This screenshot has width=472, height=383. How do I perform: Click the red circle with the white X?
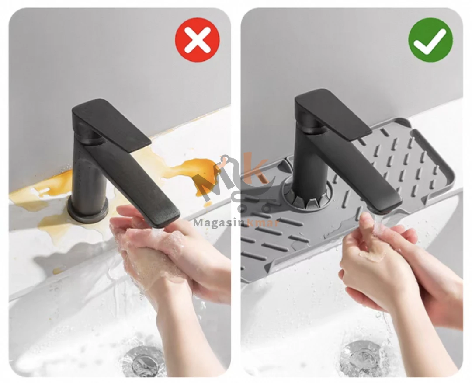(x=197, y=40)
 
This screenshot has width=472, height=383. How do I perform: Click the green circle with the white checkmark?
(x=430, y=40)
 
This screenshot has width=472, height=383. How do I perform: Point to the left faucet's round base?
(x=87, y=209)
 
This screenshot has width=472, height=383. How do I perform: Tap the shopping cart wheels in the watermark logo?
(x=254, y=208)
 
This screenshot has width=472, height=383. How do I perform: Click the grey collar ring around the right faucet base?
(x=307, y=196)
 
